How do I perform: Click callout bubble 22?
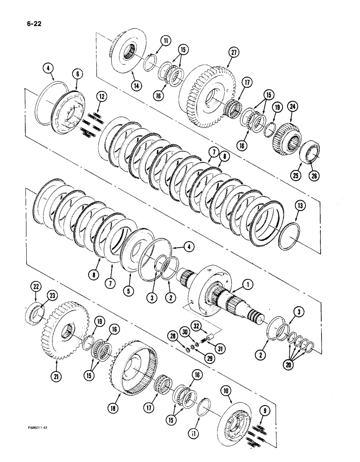35,300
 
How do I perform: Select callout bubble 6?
76,73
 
